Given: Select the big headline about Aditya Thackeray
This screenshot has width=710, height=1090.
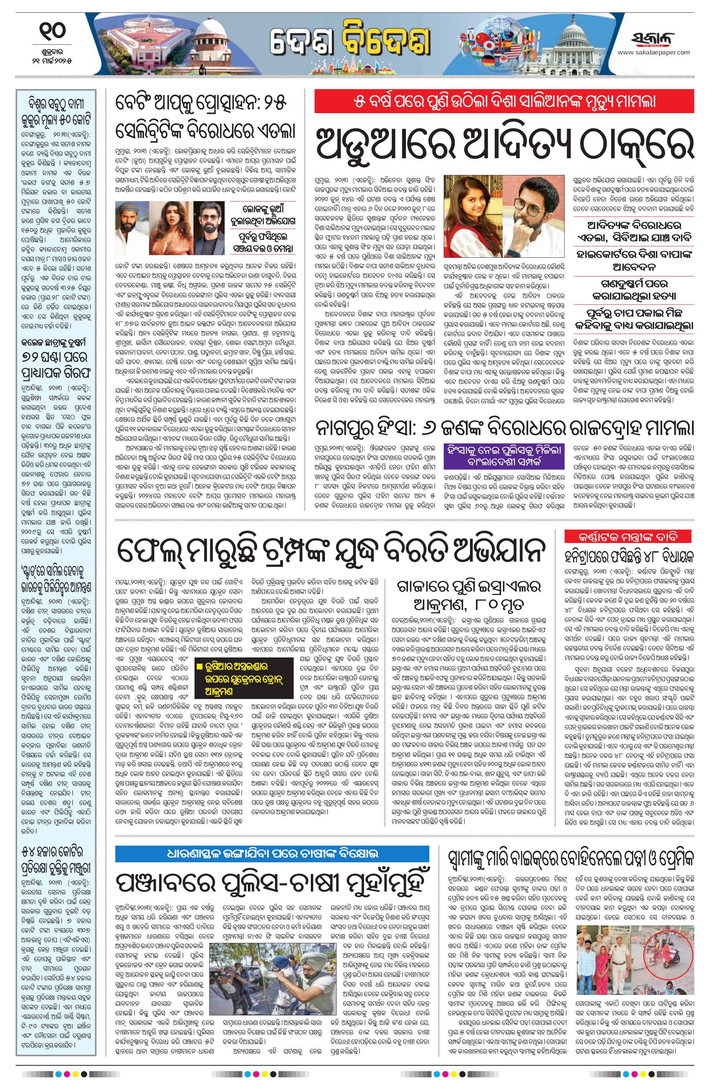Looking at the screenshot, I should coord(504,142).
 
